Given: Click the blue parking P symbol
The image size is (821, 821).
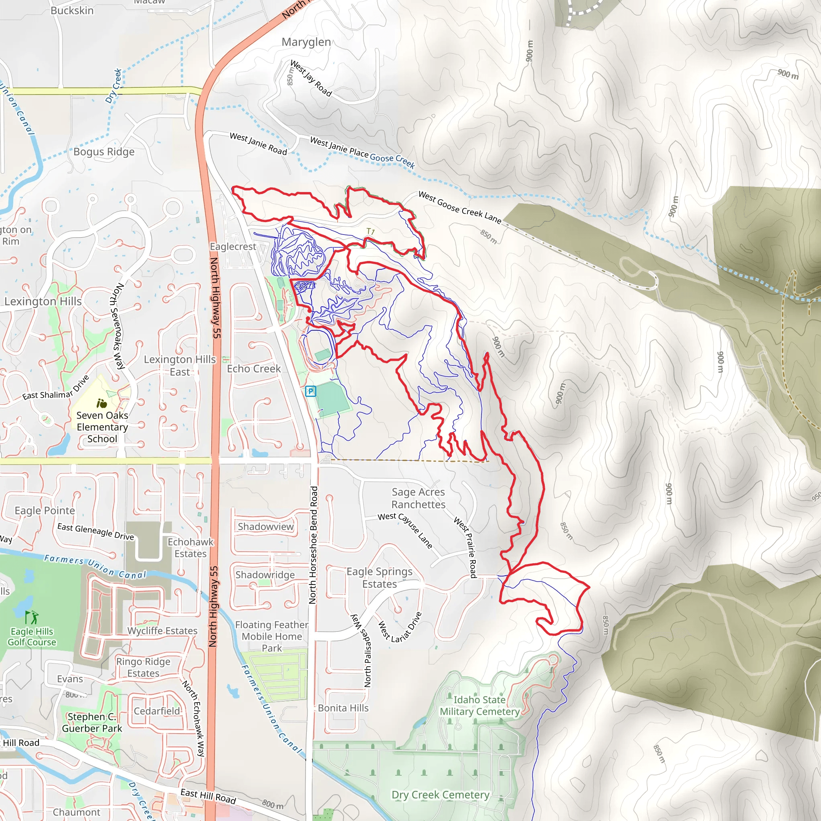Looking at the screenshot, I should point(311,391).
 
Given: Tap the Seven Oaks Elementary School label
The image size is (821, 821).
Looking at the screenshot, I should point(102,427).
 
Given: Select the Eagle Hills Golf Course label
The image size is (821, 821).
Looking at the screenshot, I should point(32,637).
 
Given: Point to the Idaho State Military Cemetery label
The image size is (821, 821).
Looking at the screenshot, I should point(480,706).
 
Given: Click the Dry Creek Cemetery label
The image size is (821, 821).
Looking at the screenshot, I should point(440,795).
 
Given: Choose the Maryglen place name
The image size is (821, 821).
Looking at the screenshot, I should point(306,42).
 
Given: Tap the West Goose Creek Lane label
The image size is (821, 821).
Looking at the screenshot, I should point(460,207).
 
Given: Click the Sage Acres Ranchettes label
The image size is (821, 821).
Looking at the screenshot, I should point(418,498).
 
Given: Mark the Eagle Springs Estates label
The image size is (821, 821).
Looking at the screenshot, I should point(380,578).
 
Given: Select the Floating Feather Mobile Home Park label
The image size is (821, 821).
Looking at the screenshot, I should point(271,636).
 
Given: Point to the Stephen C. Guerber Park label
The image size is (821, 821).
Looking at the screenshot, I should point(92,722).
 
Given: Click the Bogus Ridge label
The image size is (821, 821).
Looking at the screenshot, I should point(104,152).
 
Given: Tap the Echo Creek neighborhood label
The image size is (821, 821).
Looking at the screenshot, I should point(254,368).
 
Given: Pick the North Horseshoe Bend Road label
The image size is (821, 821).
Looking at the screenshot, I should point(313,545).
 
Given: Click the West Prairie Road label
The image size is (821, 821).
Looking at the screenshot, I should point(465,547).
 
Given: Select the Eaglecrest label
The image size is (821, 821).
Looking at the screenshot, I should point(233,247).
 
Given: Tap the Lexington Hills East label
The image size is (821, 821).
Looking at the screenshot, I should point(180,366).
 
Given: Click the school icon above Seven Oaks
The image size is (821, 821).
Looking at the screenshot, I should point(101,403).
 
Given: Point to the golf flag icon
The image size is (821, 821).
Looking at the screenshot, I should point(32,617).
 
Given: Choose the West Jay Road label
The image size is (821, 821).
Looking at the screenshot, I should point(311,78).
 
